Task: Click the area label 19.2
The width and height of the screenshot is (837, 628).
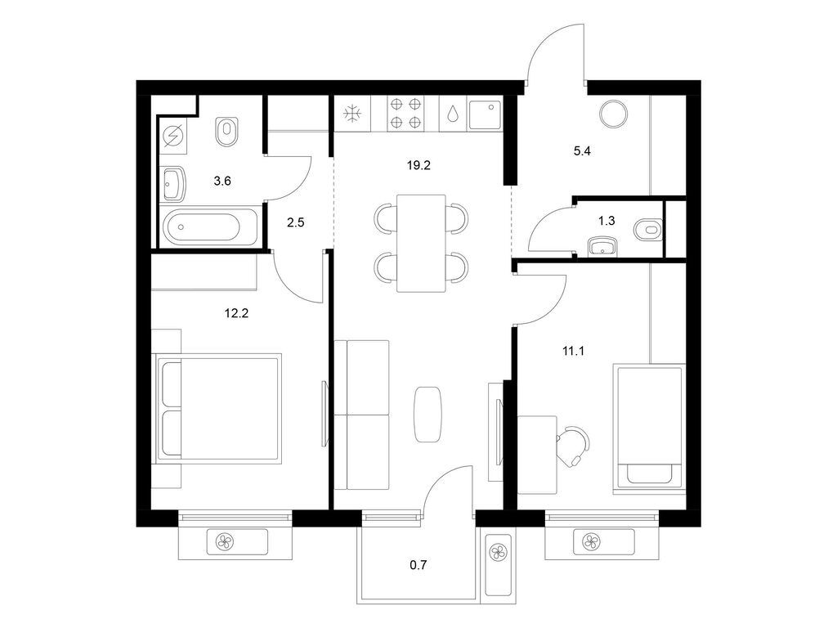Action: click(x=418, y=164)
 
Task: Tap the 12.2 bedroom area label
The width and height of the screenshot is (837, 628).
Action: click(x=235, y=311)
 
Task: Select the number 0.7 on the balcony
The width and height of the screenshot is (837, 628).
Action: click(x=418, y=563)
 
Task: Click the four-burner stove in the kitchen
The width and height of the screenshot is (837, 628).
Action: click(x=405, y=114)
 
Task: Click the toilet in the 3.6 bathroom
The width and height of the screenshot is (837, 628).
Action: click(x=227, y=132)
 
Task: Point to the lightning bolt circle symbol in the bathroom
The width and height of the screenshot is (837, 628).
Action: click(x=174, y=137)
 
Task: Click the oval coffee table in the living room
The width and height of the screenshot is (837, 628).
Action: click(x=429, y=414)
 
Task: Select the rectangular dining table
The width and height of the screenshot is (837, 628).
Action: click(x=421, y=243)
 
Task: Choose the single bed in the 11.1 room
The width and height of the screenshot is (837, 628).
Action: click(x=648, y=428)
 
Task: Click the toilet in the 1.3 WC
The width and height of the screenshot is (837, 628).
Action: click(x=647, y=230)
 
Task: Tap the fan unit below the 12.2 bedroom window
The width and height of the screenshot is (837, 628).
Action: click(x=223, y=541)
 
